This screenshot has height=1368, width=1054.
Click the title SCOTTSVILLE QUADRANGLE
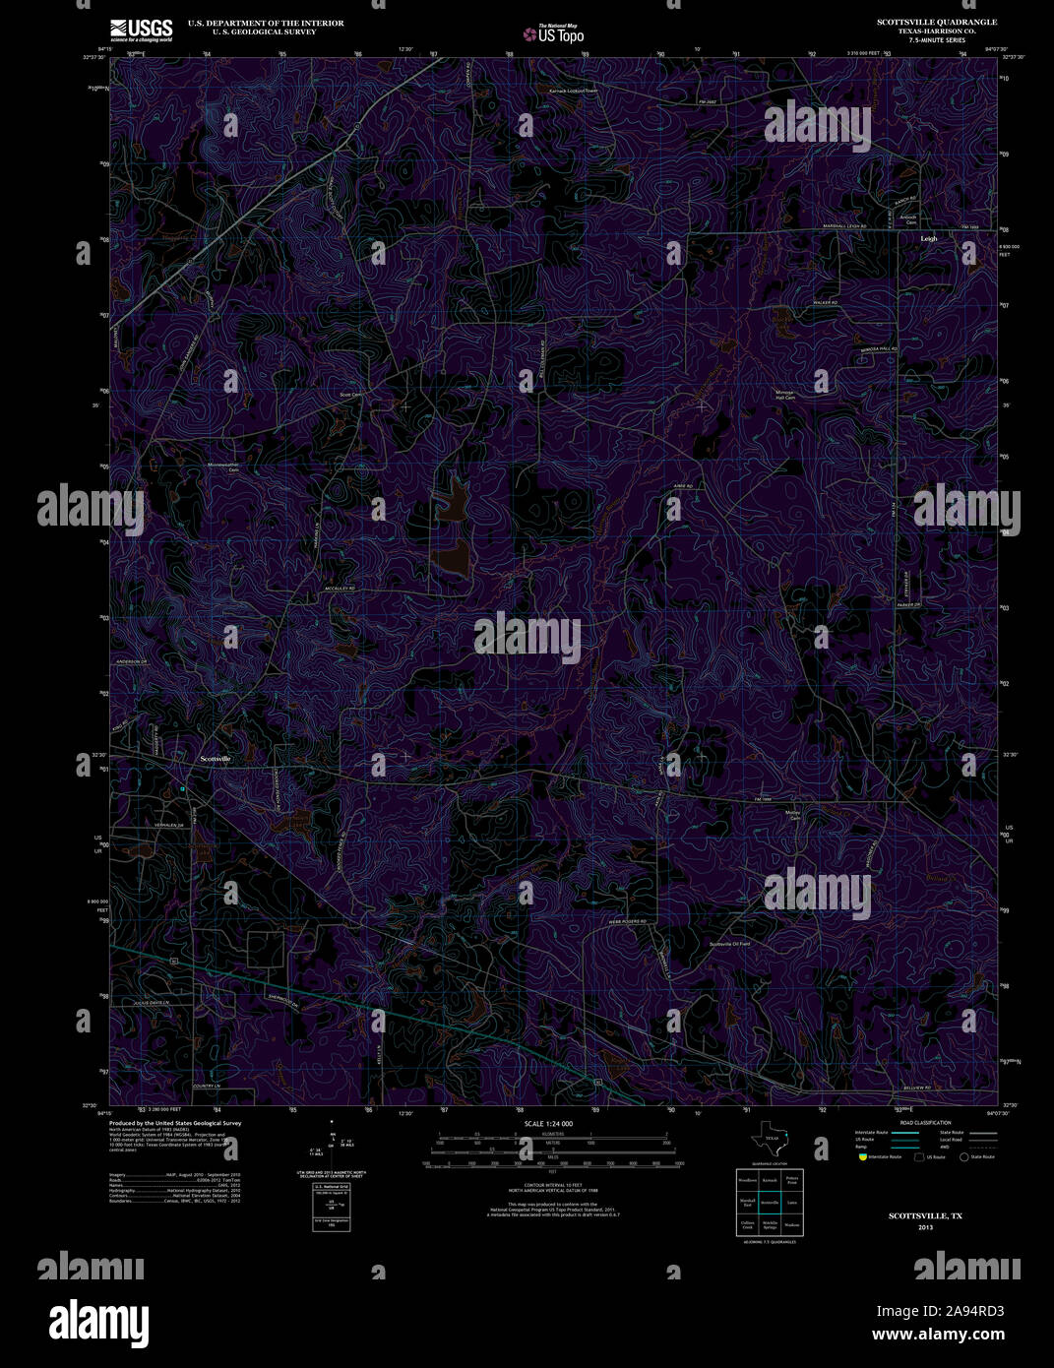(x=937, y=22)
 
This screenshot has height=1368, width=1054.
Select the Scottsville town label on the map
(x=216, y=759)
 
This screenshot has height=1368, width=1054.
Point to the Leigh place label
(x=929, y=238)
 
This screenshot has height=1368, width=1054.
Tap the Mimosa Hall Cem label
(x=784, y=395)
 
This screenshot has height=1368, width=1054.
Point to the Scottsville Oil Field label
(x=729, y=944)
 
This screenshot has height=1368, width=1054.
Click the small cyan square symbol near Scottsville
(x=182, y=788)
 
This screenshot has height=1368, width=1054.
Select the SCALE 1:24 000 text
(x=548, y=1123)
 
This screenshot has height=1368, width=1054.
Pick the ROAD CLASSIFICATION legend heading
(x=918, y=1122)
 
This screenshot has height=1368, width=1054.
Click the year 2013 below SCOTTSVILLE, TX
(x=925, y=1227)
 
